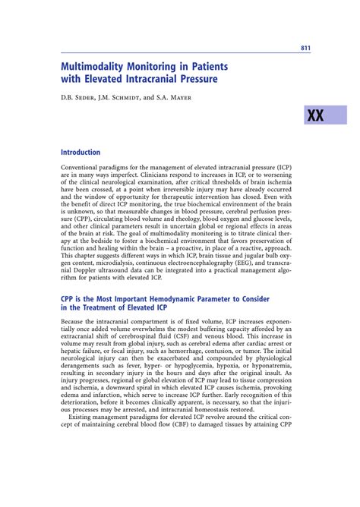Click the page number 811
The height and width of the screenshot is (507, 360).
305,49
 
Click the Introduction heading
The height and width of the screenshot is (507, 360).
81,152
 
